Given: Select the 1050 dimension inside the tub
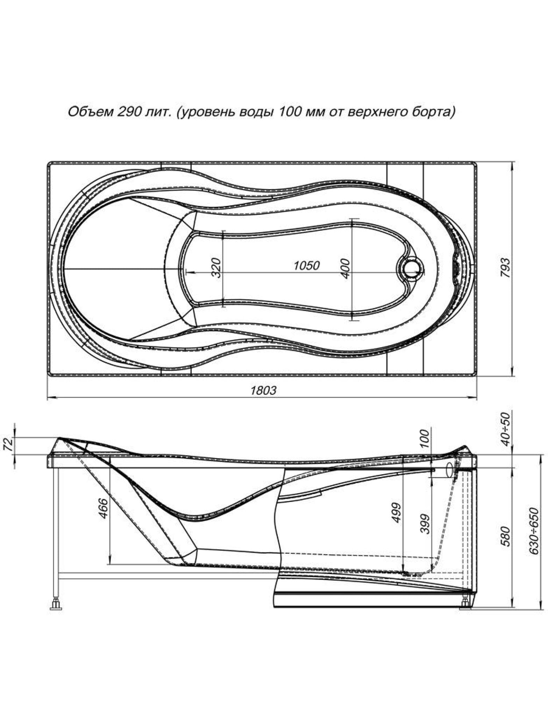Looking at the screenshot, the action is point(306,265).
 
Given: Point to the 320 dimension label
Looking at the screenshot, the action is point(217,268).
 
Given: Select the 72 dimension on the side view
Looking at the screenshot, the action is point(9,445).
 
